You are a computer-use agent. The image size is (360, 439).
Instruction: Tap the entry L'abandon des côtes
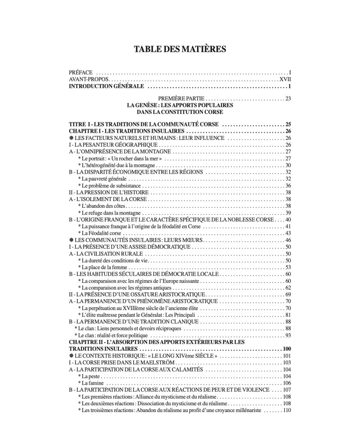[x=98, y=206]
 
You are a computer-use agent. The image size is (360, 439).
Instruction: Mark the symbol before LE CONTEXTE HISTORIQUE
[x=71, y=356]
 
